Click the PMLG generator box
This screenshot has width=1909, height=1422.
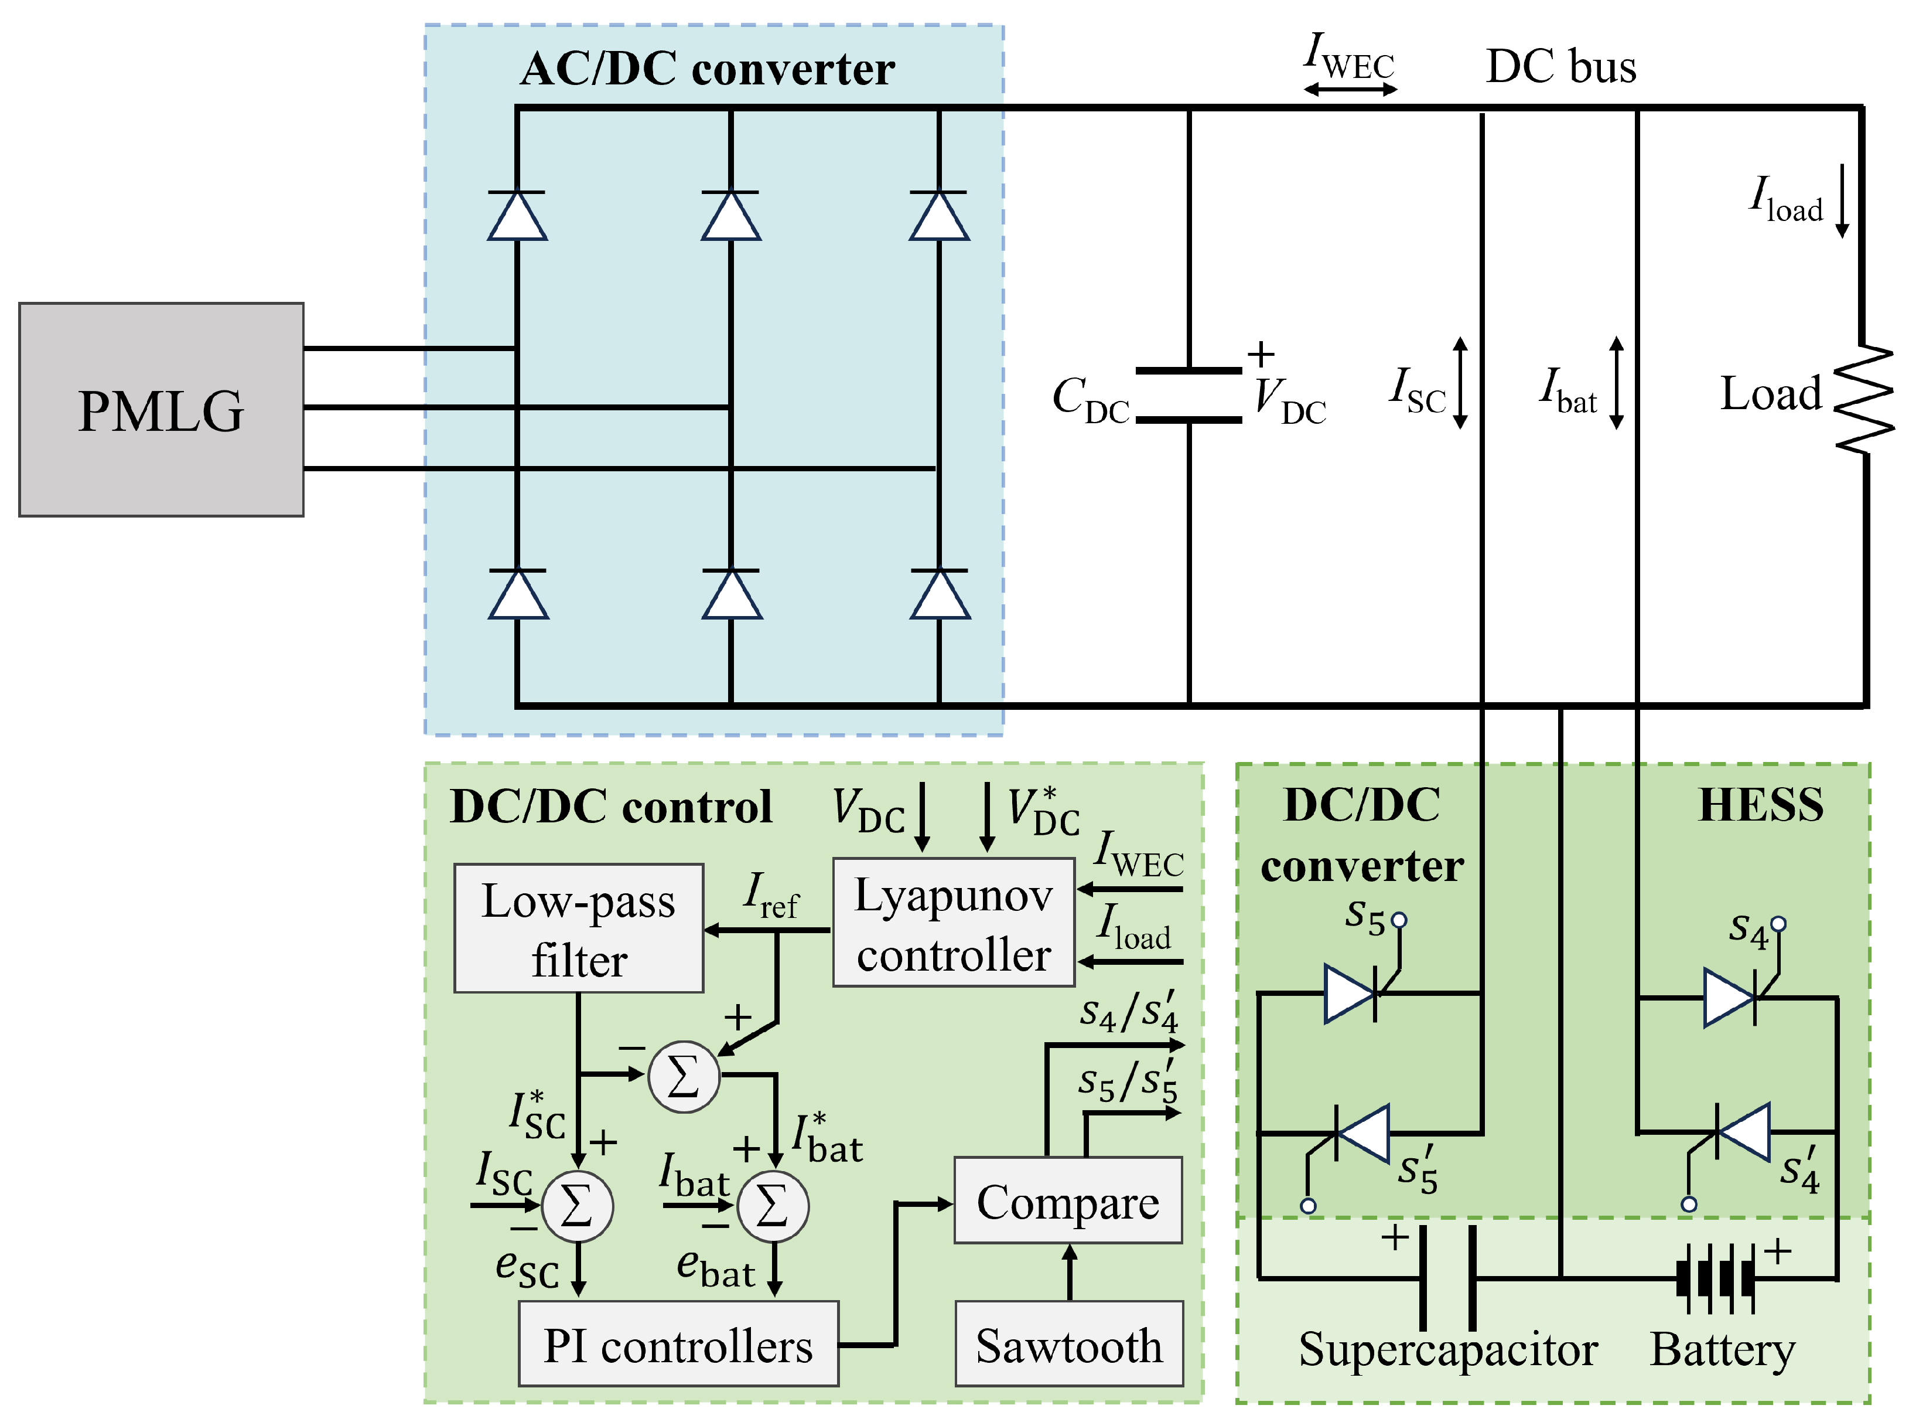(x=161, y=410)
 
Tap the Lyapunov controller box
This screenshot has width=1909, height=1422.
(x=953, y=923)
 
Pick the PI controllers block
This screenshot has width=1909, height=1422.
(x=678, y=1343)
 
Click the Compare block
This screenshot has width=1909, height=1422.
(x=1068, y=1201)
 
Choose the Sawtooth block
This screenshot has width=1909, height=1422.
(x=1068, y=1343)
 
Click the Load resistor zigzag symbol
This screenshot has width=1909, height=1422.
(x=1863, y=399)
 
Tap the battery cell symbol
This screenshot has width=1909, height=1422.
(x=1715, y=1278)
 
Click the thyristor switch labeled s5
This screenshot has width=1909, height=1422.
(x=1353, y=994)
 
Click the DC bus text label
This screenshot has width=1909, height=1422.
(x=1560, y=67)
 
